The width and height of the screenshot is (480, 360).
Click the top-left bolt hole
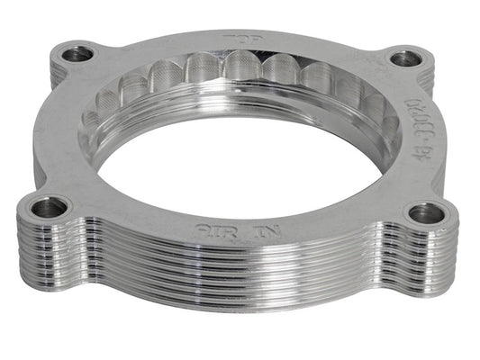(78, 54)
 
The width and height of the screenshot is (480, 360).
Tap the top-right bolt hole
(406, 59)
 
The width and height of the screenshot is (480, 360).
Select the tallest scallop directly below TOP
(241, 67)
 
